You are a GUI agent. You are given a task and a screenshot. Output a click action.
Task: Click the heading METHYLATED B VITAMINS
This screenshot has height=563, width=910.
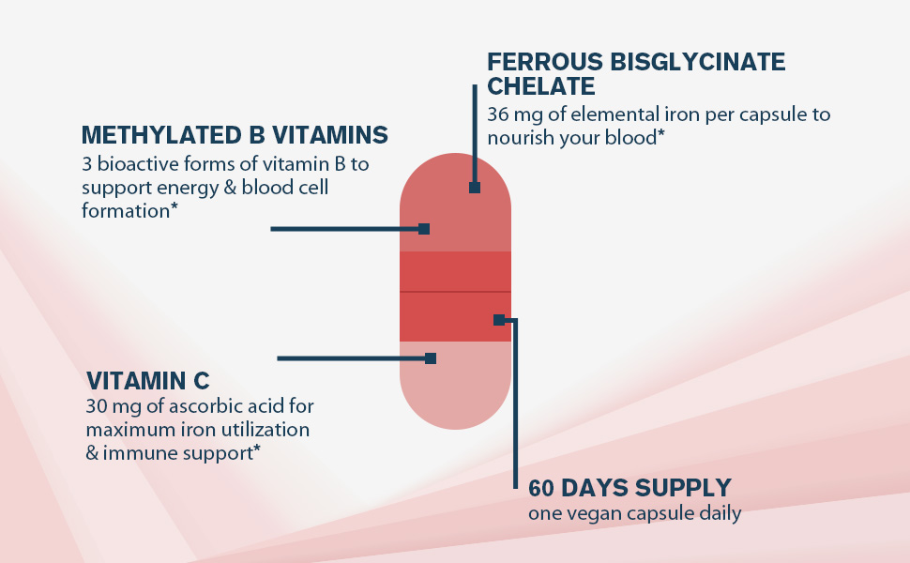tap(235, 135)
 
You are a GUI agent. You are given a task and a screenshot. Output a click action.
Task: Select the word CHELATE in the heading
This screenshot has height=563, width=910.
tap(541, 87)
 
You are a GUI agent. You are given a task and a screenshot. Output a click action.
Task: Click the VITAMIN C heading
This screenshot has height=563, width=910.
tap(147, 381)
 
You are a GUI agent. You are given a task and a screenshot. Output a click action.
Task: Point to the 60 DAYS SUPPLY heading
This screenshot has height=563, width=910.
tap(629, 489)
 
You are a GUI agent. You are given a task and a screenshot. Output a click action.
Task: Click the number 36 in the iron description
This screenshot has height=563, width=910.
tap(498, 114)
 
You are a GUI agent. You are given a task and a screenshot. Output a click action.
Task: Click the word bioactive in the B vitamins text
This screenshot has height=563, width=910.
tap(132, 165)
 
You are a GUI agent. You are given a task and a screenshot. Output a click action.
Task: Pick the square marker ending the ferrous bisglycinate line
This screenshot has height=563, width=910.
tap(475, 188)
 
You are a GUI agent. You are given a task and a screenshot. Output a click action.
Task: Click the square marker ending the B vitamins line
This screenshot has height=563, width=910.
tap(424, 229)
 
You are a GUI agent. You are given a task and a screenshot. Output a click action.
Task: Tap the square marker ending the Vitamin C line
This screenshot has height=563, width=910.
tap(431, 358)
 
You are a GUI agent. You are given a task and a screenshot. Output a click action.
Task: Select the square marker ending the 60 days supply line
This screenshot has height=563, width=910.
tap(499, 320)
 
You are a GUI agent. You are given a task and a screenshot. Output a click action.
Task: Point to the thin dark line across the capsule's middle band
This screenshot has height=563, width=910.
tap(456, 293)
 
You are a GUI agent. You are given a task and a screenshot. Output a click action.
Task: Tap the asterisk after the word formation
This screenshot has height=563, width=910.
tap(174, 209)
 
